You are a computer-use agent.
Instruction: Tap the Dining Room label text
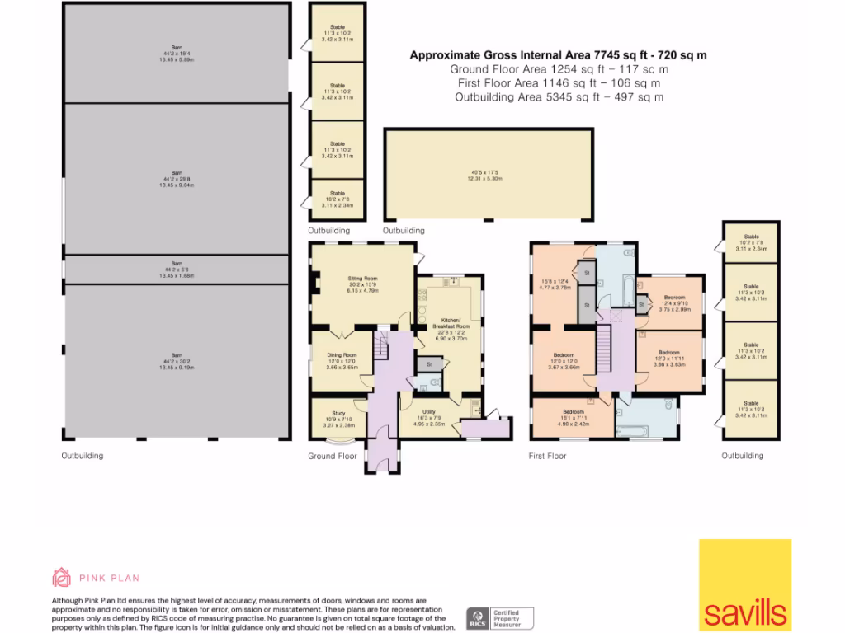(339, 355)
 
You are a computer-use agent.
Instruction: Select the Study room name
(338, 414)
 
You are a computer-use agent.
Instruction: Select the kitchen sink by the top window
(451, 282)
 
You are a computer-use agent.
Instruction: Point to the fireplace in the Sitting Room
(314, 284)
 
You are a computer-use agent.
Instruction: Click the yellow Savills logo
(745, 584)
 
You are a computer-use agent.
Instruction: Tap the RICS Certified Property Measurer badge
(500, 617)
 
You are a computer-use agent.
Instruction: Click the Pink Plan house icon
(61, 577)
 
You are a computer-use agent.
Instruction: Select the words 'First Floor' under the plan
(547, 456)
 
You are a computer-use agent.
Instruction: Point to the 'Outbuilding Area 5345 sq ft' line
(559, 97)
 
